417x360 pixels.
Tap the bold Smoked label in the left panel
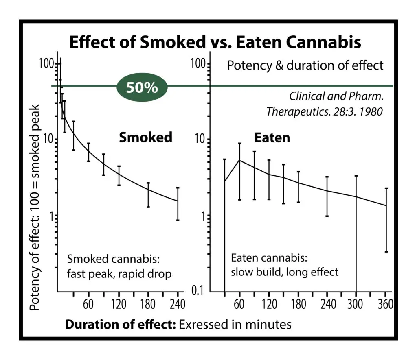pyautogui.click(x=145, y=137)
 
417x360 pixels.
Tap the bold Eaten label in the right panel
pyautogui.click(x=272, y=138)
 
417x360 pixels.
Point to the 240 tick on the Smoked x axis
pyautogui.click(x=178, y=304)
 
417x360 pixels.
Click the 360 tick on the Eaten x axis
pyautogui.click(x=385, y=304)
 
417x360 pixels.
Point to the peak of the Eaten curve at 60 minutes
pyautogui.click(x=240, y=160)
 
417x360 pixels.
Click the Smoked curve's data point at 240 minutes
pyautogui.click(x=178, y=201)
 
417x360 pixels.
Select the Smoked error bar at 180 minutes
pyautogui.click(x=148, y=195)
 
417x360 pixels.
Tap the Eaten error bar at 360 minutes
pyautogui.click(x=386, y=220)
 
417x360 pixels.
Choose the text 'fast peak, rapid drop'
pyautogui.click(x=119, y=274)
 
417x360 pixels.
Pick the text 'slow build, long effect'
pyautogui.click(x=284, y=271)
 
